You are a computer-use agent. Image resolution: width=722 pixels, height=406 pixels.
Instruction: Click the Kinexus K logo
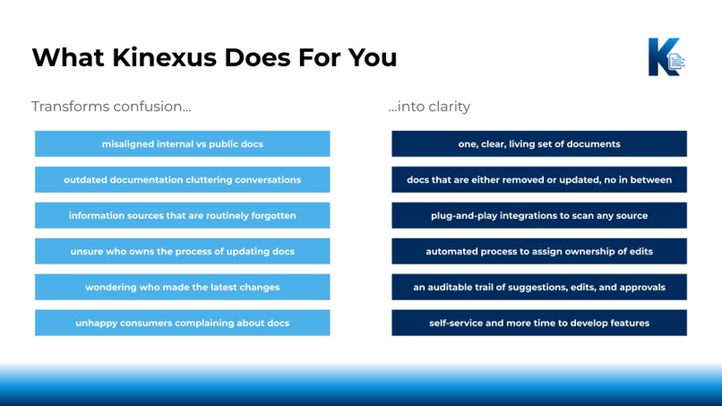tap(666, 56)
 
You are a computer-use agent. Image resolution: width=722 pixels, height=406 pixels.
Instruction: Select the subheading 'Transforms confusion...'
tap(111, 107)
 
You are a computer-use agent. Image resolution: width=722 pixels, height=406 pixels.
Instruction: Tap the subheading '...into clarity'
tap(429, 107)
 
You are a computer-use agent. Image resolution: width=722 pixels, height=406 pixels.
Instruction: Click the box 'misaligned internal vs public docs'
tap(182, 143)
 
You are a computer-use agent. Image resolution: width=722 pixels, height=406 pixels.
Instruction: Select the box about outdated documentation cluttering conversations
tap(182, 179)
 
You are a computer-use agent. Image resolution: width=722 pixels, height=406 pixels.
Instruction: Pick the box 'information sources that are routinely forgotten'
tap(182, 215)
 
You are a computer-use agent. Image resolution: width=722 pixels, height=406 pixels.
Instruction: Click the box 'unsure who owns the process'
tap(182, 251)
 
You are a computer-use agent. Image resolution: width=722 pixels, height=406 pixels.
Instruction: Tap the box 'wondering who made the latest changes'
tap(182, 287)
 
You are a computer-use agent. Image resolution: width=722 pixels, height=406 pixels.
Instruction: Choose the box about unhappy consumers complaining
tap(182, 323)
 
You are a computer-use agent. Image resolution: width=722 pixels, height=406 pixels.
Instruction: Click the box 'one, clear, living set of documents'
tap(538, 143)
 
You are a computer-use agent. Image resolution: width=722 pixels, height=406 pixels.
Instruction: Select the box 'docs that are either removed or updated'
tap(538, 179)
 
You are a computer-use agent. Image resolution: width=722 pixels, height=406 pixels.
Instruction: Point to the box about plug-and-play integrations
tap(538, 215)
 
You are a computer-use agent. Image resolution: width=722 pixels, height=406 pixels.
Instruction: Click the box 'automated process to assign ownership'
tap(538, 251)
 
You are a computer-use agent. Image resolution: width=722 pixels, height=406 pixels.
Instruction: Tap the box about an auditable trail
tap(538, 287)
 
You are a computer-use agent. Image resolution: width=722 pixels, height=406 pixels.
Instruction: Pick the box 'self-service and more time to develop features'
tap(538, 323)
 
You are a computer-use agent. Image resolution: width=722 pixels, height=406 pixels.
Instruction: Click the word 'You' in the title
tap(369, 57)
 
